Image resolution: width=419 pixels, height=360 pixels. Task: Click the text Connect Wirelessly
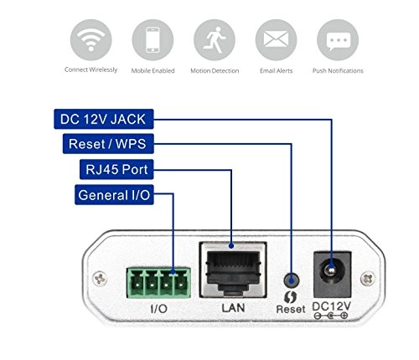click(91, 69)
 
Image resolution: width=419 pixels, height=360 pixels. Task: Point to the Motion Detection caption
click(215, 70)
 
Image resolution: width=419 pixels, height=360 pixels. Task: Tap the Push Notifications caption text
click(338, 70)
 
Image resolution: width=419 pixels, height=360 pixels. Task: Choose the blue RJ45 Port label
click(114, 171)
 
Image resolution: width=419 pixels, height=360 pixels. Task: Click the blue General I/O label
click(114, 197)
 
